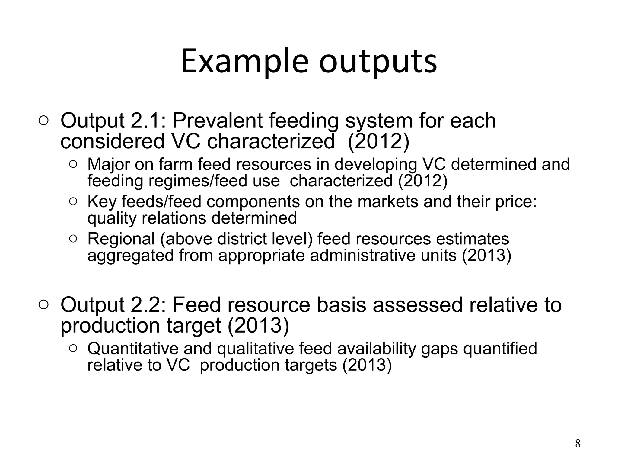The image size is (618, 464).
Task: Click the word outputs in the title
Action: point(378,62)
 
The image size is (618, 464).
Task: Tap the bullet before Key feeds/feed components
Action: point(73,201)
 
